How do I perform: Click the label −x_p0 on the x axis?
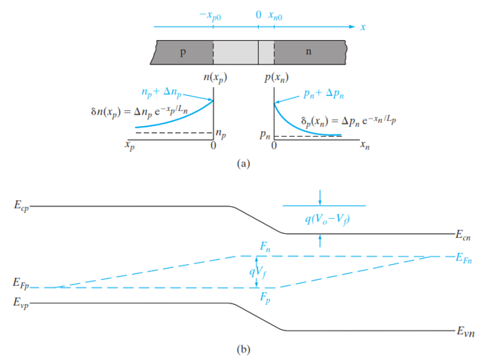210,16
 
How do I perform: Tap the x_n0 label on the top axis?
275,16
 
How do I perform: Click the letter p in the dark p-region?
183,52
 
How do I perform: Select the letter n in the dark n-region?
309,51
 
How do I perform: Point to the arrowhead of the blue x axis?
353,26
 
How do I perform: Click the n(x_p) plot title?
215,77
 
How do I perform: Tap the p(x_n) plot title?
276,78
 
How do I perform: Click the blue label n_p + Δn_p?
161,92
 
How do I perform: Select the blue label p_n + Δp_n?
324,94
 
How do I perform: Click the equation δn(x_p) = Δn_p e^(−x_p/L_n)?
140,112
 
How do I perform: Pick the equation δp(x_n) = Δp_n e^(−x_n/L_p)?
348,121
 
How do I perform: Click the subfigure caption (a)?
244,163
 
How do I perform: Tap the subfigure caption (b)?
244,349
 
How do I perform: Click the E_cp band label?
21,205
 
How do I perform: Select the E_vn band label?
465,331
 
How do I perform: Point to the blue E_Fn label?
464,258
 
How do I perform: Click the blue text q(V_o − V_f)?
327,220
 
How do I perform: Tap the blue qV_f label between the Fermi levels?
258,272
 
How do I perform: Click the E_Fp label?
21,283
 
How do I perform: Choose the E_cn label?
463,235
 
